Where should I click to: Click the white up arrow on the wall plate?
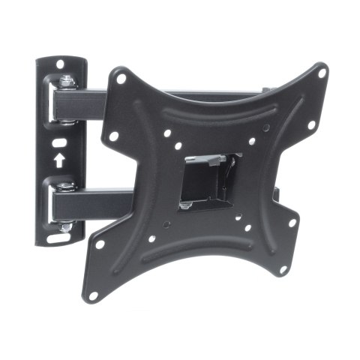click(x=58, y=159)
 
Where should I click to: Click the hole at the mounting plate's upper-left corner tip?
click(x=119, y=76)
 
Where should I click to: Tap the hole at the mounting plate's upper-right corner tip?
click(x=321, y=73)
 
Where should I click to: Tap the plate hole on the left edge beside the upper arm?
click(x=113, y=137)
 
